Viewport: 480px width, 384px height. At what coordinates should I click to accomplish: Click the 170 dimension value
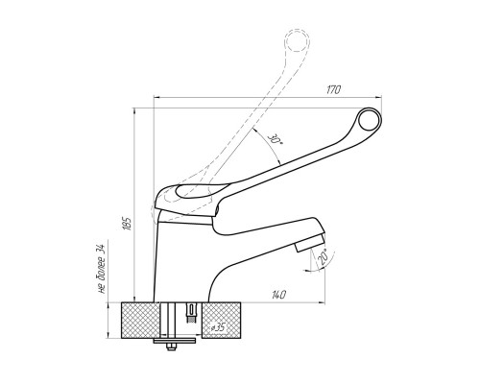(x=333, y=90)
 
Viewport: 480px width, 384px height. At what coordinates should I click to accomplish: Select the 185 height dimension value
(x=127, y=224)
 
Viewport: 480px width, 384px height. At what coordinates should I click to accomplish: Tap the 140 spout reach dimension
(x=278, y=295)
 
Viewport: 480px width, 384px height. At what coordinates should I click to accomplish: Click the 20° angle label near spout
(x=324, y=256)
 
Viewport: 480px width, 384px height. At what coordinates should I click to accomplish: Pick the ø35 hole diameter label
(x=219, y=327)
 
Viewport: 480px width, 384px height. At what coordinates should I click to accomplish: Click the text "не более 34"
(x=102, y=269)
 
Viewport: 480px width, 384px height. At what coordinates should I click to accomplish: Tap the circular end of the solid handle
(x=370, y=119)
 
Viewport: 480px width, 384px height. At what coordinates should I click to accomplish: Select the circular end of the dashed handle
(x=298, y=40)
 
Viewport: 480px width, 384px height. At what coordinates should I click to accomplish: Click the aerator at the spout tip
(x=310, y=243)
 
